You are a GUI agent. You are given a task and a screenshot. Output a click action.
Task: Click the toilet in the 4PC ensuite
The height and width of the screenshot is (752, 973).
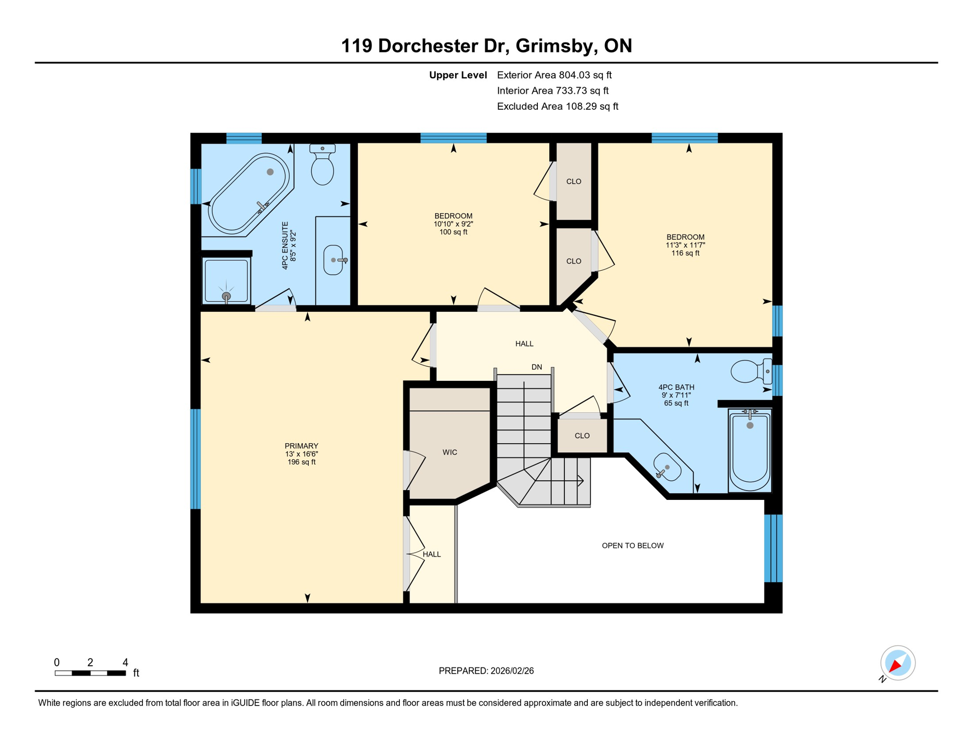322,165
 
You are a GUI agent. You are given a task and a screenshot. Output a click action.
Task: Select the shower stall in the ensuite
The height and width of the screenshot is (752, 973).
226,281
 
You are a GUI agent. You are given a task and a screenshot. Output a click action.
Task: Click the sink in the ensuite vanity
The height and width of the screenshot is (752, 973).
333,260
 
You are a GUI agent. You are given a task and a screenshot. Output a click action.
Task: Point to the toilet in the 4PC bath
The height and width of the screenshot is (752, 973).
749,371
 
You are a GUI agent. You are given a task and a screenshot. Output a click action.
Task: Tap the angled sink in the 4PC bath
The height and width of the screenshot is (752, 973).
667,467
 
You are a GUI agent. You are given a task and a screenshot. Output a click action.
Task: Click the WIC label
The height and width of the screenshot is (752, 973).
449,452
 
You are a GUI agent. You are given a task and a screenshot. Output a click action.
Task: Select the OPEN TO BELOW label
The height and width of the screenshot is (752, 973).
632,545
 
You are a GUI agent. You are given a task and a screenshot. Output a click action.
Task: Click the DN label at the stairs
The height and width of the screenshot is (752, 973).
536,367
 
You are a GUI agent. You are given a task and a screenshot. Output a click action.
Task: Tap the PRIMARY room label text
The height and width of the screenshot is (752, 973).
301,446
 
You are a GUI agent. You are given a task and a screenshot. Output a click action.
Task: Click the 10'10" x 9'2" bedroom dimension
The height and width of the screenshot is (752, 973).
453,224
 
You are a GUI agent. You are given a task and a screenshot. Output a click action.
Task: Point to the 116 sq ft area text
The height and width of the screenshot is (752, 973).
685,253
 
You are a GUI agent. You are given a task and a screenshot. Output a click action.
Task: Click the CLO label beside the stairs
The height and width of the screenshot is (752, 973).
582,436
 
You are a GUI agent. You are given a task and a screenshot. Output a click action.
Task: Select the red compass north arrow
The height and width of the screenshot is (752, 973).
895,665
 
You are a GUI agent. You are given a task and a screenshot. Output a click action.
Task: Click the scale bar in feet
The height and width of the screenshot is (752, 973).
90,673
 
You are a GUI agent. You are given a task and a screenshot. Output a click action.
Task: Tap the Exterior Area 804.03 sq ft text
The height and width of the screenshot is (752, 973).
554,75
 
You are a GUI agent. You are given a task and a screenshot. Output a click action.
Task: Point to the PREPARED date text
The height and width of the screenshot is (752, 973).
486,671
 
